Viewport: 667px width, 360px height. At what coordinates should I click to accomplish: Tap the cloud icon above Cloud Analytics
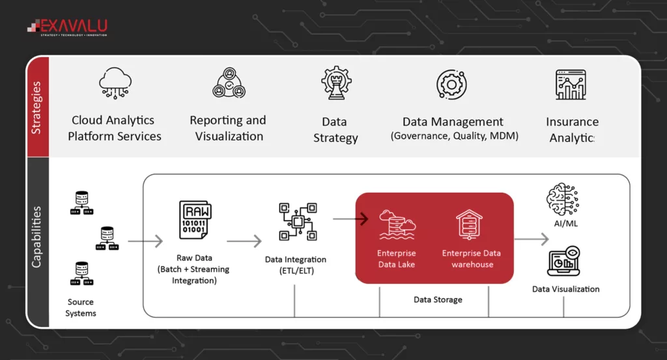coord(115,83)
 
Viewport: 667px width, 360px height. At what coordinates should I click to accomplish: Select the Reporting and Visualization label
coord(228,128)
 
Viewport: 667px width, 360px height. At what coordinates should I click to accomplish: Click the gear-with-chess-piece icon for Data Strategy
coord(336,83)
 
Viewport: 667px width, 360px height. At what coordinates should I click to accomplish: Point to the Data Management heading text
coord(453,122)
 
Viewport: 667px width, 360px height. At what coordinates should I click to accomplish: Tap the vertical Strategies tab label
coord(36,107)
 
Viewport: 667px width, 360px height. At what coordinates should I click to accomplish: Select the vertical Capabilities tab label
coord(36,237)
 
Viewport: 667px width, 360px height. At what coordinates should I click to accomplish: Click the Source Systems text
coord(81,307)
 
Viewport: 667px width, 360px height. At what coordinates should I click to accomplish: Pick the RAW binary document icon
coord(195,221)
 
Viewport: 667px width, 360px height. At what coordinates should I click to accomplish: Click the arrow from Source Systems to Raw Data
coord(145,242)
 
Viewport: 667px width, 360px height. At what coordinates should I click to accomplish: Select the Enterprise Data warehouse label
coord(472,258)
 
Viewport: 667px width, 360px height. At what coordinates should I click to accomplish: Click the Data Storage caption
coord(438,300)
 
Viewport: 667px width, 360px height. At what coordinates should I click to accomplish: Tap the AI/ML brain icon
coord(562,198)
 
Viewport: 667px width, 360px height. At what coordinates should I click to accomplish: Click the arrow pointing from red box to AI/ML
coord(532,239)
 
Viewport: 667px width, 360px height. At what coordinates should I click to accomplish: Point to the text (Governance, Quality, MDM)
coord(454,136)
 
